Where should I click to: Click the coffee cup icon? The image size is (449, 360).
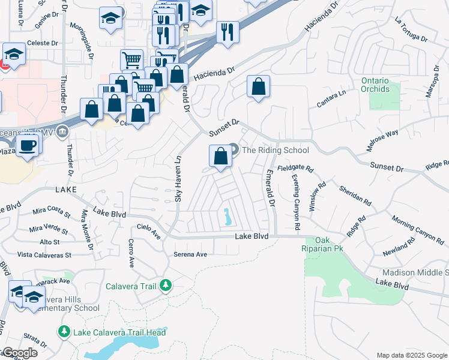coord(28,145)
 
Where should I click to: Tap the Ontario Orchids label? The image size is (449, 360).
coord(375,85)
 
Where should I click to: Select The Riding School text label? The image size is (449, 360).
coord(275,150)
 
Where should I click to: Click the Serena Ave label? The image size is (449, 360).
coord(190,254)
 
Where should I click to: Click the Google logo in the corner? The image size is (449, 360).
coord(19,352)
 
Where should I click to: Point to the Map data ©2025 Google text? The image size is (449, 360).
coord(411,355)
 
